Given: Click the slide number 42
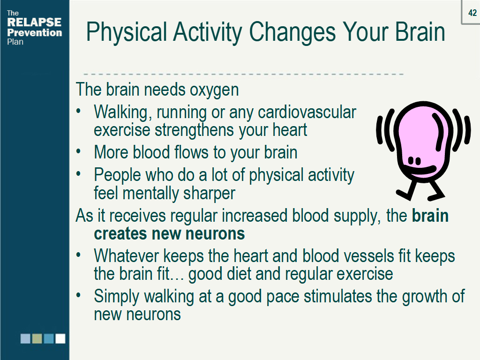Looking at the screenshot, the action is pos(472,13).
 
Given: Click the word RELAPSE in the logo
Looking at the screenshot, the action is pos(34,22).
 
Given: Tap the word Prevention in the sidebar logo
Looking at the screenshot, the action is pos(34,32).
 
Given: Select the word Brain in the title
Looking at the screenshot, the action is pos(420,32).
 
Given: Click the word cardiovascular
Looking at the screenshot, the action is pos(307,112).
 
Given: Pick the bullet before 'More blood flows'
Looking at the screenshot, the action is pos(79,151).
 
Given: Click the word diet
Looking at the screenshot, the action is pos(239,273).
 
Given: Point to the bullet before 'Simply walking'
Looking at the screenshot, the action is pos(79,295).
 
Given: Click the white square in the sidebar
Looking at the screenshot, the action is pos(60,338).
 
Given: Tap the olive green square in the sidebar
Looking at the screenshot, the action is pos(37,338).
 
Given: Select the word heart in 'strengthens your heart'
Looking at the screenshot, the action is pos(290,130).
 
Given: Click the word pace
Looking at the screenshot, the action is pos(283,297).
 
